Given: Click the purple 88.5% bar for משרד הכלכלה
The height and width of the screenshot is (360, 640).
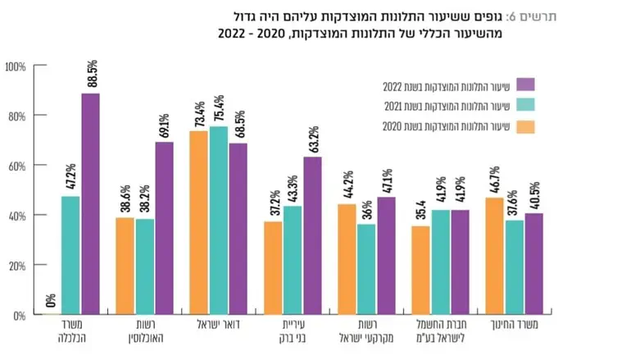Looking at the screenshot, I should (90, 204).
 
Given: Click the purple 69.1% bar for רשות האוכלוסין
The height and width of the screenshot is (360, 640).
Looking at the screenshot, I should (164, 228).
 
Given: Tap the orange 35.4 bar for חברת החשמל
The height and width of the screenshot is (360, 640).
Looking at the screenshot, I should (420, 270).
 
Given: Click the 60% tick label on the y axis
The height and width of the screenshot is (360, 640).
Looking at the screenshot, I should (16, 166).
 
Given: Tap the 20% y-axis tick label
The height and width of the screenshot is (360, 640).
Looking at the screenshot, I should (16, 266).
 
